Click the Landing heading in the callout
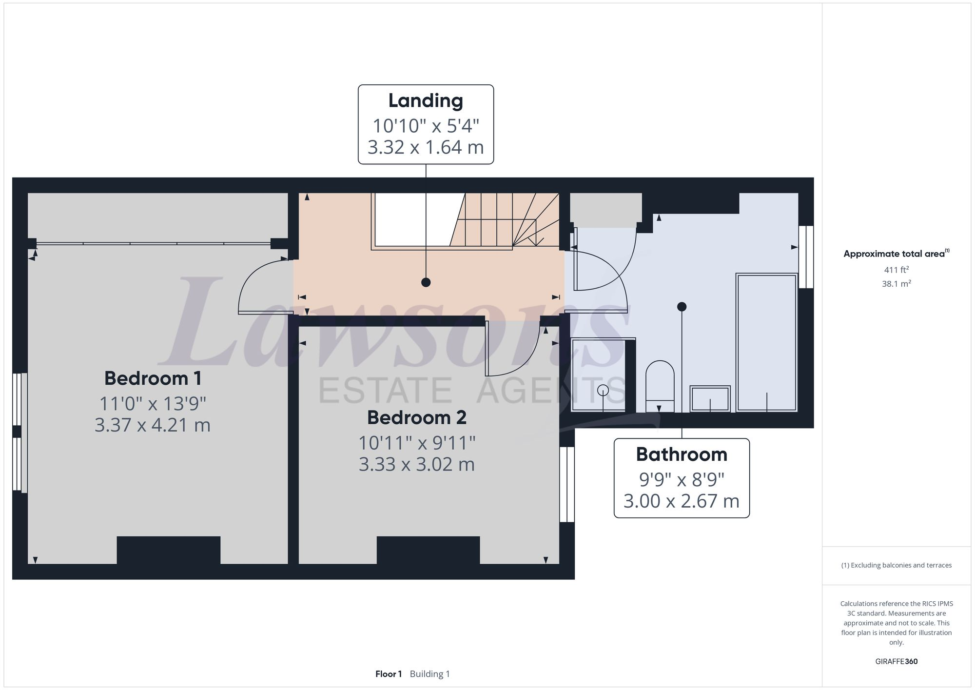pyautogui.click(x=426, y=101)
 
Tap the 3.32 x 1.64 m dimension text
pyautogui.click(x=426, y=147)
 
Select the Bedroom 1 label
pyautogui.click(x=153, y=378)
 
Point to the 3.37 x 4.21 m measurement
pyautogui.click(x=153, y=425)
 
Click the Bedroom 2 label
pyautogui.click(x=417, y=417)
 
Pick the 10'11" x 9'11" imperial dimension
pyautogui.click(x=417, y=443)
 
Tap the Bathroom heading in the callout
pyautogui.click(x=682, y=454)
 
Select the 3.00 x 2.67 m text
pyautogui.click(x=682, y=501)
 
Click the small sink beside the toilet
pyautogui.click(x=710, y=399)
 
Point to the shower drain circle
pyautogui.click(x=603, y=390)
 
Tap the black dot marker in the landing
pyautogui.click(x=426, y=282)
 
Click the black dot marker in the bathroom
pyautogui.click(x=682, y=307)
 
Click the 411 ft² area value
pyautogui.click(x=896, y=270)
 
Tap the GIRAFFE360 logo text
pyautogui.click(x=896, y=662)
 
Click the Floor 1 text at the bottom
pyautogui.click(x=388, y=674)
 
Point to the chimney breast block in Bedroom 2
pyautogui.click(x=428, y=550)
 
